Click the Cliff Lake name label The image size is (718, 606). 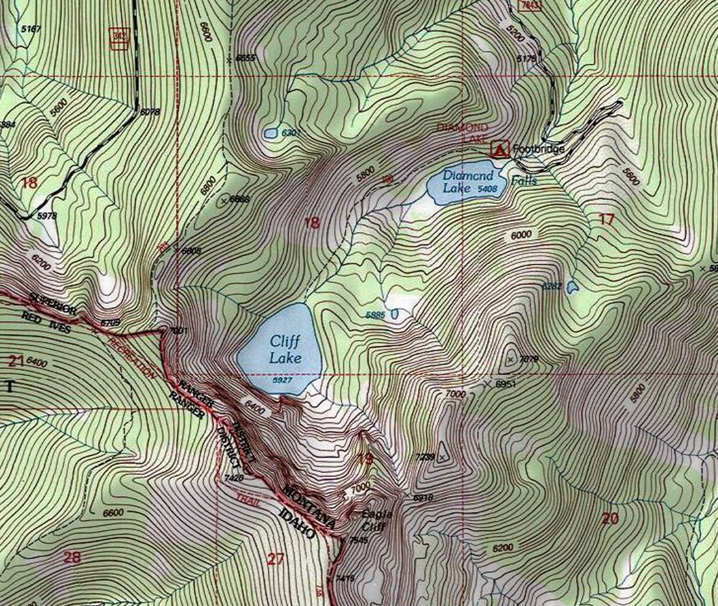(x=286, y=349)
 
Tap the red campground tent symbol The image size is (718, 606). (x=500, y=149)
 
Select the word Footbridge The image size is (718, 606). (x=539, y=148)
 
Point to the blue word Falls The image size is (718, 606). (x=524, y=180)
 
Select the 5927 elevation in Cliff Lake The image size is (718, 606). (x=282, y=381)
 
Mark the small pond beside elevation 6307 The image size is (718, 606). (x=270, y=134)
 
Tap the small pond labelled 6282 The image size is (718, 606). (x=572, y=288)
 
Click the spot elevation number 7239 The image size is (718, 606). (x=425, y=457)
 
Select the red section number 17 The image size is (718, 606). (x=607, y=219)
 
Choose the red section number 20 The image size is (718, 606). (x=610, y=518)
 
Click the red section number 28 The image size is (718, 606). (x=71, y=557)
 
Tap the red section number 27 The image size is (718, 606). (x=276, y=559)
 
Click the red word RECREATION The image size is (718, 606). (x=131, y=358)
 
